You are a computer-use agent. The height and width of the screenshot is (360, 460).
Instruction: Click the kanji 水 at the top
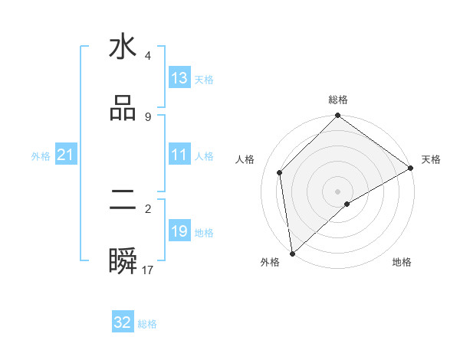[123, 47]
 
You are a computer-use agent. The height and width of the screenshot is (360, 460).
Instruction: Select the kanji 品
[123, 108]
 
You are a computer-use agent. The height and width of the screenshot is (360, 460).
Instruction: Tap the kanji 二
[123, 201]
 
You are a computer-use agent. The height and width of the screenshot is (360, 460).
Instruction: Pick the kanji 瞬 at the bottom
[123, 263]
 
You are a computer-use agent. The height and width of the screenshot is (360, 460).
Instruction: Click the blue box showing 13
[179, 78]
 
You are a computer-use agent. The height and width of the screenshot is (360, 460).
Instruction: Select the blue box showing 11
[179, 155]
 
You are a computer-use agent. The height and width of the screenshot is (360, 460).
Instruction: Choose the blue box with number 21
[66, 155]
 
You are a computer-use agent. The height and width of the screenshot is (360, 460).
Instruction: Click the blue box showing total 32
[123, 322]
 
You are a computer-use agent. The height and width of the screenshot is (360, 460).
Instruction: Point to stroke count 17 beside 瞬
[148, 270]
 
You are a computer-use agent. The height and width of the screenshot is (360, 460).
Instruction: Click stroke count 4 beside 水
[148, 55]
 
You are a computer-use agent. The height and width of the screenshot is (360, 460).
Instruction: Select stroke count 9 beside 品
[148, 116]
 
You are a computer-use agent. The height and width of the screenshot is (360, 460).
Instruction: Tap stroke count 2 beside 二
[148, 208]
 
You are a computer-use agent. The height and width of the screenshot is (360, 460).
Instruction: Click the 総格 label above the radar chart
[338, 100]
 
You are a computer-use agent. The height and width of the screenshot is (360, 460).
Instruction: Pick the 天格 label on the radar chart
[431, 159]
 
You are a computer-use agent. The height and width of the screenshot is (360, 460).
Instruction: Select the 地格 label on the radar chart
[402, 262]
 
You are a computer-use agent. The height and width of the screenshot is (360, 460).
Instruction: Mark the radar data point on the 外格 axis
[291, 254]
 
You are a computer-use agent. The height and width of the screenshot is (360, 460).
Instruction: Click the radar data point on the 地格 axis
[347, 204]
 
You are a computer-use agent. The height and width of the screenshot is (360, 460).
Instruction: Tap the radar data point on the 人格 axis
[280, 172]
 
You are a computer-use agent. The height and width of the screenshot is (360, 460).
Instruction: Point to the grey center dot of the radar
[338, 191]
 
